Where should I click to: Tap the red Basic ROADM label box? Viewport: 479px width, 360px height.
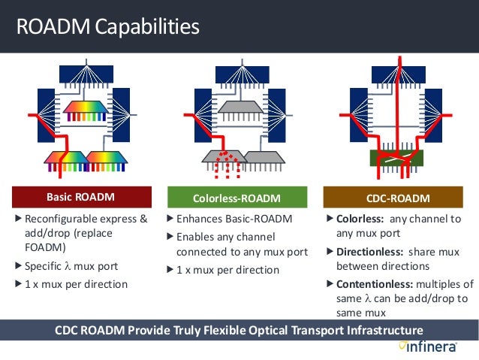[80, 198]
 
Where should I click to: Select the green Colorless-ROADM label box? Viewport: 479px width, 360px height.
[236, 198]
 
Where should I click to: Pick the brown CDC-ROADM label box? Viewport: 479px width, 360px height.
[398, 198]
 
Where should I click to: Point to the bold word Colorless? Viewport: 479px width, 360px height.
[360, 219]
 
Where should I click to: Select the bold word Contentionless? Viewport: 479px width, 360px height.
[374, 284]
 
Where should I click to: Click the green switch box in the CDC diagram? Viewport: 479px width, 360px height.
[396, 158]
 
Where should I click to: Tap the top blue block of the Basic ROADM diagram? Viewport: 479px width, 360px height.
[86, 74]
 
